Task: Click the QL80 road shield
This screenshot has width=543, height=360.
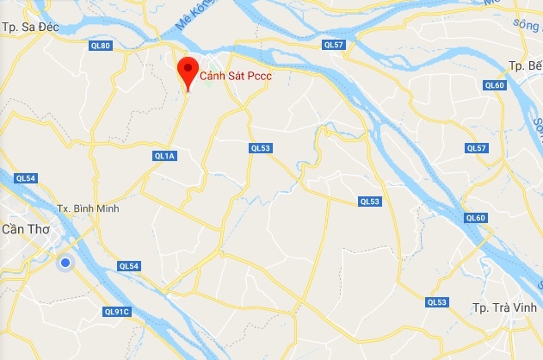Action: pos(102,45)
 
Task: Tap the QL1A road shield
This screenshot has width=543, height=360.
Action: pos(164,156)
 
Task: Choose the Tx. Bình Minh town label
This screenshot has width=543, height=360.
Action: pos(87,208)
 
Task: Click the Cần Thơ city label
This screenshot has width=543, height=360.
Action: pos(26,227)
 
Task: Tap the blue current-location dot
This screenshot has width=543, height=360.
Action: pos(65,263)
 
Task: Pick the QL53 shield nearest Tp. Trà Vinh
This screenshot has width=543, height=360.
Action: pos(437,301)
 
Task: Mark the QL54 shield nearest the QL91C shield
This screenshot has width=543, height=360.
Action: pos(129,266)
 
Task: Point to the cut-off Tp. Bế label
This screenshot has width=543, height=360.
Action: pos(524,65)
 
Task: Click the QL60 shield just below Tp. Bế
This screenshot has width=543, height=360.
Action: pos(494,84)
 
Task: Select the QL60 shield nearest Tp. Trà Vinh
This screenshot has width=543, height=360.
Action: pos(476,218)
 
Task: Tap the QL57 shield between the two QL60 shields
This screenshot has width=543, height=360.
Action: pos(476,148)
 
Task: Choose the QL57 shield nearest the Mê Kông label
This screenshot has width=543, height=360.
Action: pos(333,44)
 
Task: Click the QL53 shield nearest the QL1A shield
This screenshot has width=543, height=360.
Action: pos(260,148)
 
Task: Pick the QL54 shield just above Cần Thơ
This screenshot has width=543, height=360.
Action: pos(25,178)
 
